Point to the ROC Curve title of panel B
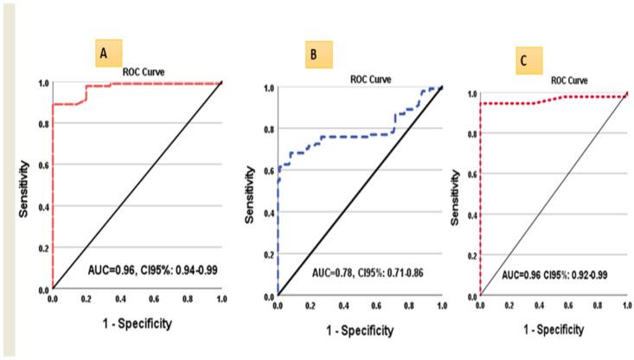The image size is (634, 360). (370, 78)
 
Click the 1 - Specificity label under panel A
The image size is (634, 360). (138, 323)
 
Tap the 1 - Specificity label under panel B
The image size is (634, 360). (359, 331)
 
